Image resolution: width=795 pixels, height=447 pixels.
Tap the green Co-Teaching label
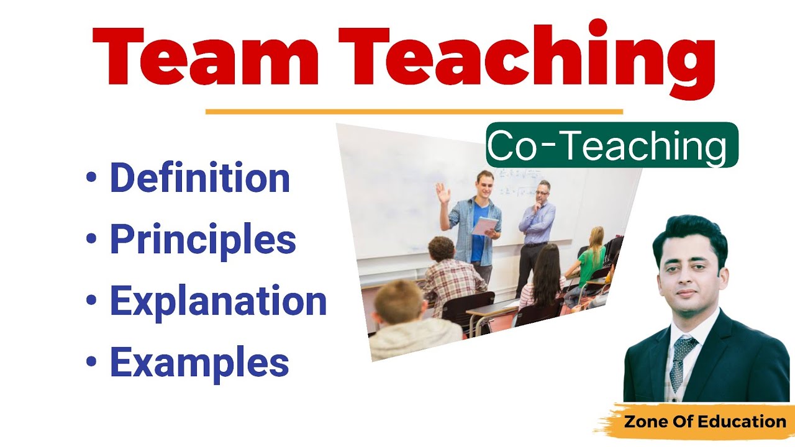click(612, 146)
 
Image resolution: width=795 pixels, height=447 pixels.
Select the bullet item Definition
click(199, 178)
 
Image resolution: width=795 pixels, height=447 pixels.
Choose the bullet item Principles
click(202, 240)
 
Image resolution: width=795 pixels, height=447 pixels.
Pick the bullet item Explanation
click(218, 300)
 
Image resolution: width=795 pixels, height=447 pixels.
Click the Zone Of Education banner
click(704, 422)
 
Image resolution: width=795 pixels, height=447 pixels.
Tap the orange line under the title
click(414, 112)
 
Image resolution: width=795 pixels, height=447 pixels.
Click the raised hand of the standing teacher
click(442, 192)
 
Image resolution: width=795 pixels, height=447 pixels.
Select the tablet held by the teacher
click(484, 225)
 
